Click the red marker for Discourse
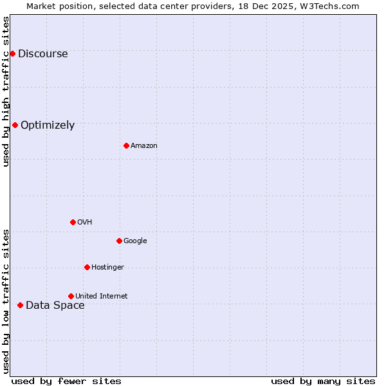12,53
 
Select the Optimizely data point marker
15,125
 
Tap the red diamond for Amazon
126,145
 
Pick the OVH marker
73,222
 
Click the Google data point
119,241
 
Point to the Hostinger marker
87,267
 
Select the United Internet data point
71,296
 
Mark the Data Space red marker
20,305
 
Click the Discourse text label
42,54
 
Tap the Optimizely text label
48,125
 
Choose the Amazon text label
144,146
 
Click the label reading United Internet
102,297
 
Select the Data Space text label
55,306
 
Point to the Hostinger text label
107,268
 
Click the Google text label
135,241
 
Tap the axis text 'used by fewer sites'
66,381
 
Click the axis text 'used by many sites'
323,381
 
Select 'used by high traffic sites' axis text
6,91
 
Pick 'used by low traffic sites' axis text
6,301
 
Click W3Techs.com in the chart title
329,6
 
